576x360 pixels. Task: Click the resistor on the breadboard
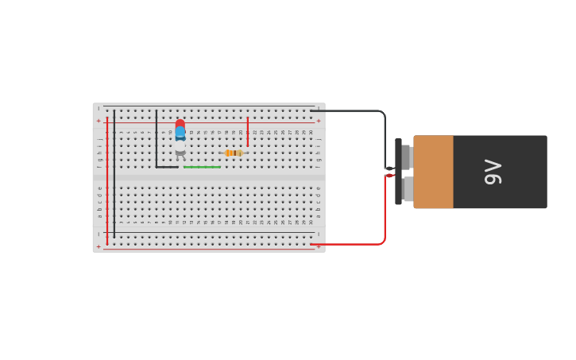coord(234,153)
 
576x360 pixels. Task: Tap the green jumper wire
coord(202,167)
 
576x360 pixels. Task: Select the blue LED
coord(180,133)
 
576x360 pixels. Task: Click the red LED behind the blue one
coord(180,123)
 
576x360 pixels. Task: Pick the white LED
coord(180,147)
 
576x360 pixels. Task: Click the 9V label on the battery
coord(493,172)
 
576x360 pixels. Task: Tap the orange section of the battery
coord(433,172)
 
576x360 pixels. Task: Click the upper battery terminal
coord(407,157)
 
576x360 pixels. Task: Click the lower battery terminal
coord(407,188)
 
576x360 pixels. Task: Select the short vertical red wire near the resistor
coord(248,132)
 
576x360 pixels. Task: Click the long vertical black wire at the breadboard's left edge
coord(114,175)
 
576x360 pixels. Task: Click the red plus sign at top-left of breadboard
coord(99,121)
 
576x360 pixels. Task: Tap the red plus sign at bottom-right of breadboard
coord(319,246)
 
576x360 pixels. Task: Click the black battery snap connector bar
coord(398,171)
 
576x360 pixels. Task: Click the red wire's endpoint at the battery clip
coord(389,175)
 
